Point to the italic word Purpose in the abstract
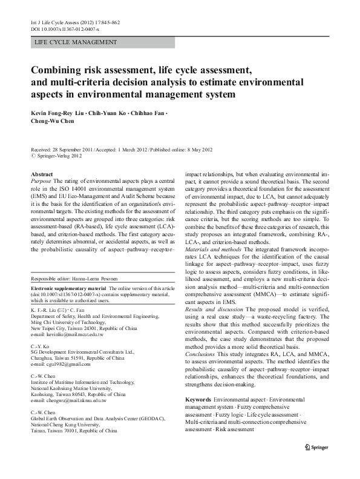[41, 180]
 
